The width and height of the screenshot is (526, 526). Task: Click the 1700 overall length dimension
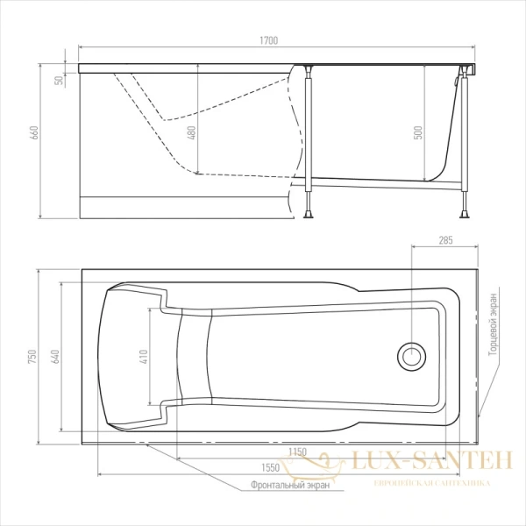pyautogui.click(x=269, y=40)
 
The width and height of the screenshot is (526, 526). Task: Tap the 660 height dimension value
pyautogui.click(x=35, y=133)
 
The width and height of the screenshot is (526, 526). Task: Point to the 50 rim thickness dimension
pyautogui.click(x=59, y=80)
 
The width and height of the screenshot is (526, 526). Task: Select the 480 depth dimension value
pyautogui.click(x=191, y=133)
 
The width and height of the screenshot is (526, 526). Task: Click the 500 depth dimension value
pyautogui.click(x=418, y=133)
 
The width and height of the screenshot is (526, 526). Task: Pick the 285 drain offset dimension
pyautogui.click(x=446, y=240)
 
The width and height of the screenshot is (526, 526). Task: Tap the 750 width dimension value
pyautogui.click(x=32, y=357)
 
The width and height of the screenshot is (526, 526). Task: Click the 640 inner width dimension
pyautogui.click(x=55, y=357)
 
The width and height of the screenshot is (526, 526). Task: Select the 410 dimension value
pyautogui.click(x=144, y=357)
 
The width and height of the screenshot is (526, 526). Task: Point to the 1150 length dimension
pyautogui.click(x=297, y=451)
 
